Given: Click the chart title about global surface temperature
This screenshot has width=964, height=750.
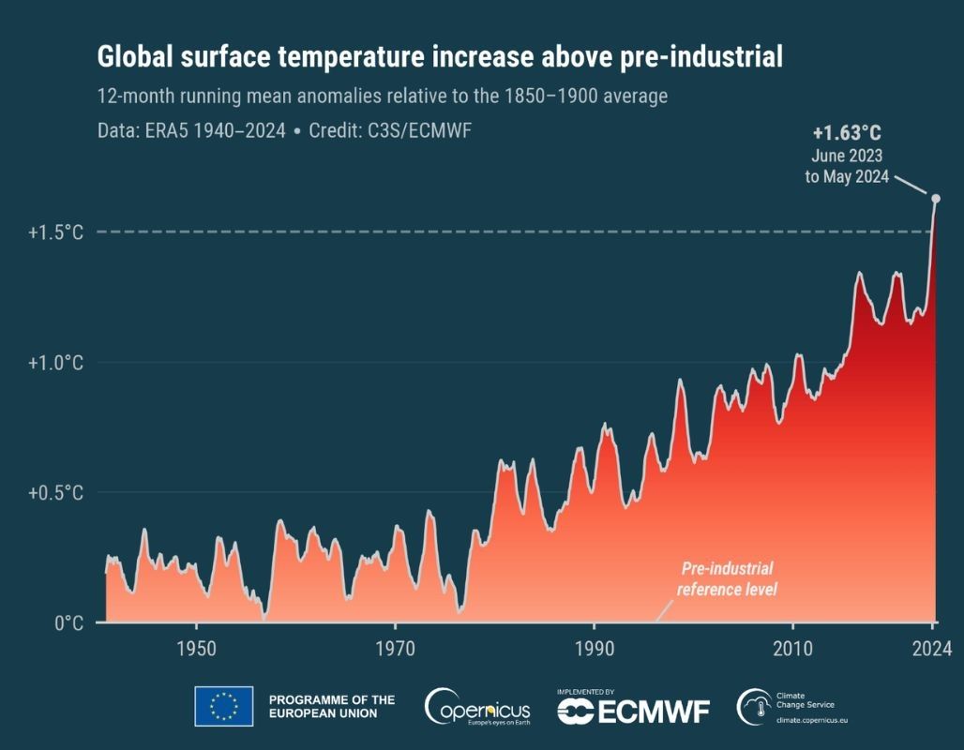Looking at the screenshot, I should coord(440,57).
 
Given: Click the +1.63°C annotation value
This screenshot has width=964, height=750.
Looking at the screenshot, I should coord(847,132).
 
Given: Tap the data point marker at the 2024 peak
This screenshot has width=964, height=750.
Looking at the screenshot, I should coord(935,198).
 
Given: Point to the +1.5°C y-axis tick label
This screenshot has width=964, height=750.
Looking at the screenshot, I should coord(55,232).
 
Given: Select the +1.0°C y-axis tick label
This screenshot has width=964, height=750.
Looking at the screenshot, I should coord(55,363).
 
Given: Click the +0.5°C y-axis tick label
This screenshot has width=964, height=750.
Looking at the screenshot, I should coord(55,493).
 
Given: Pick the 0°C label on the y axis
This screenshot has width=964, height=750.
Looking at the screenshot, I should coord(68,623).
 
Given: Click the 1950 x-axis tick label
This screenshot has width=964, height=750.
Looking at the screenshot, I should coord(195,648).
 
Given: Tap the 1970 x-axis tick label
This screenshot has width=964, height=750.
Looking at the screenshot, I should coord(395,648).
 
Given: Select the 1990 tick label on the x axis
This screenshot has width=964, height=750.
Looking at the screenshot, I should coord(594,648).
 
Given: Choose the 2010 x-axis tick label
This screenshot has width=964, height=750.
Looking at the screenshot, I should coord(793,648).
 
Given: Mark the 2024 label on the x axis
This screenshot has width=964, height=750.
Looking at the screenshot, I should coord(933,648).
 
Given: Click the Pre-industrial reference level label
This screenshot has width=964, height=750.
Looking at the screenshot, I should coord(727,579).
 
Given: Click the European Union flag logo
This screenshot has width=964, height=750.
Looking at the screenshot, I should coord(223,706).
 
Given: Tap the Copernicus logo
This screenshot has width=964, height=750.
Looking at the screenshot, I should coord(477,707).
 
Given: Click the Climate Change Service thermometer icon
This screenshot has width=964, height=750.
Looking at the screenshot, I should coord(752,706).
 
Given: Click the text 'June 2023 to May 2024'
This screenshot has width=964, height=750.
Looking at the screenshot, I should coord(847,166).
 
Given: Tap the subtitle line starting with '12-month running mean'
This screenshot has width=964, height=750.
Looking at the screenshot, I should coord(382,97).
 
